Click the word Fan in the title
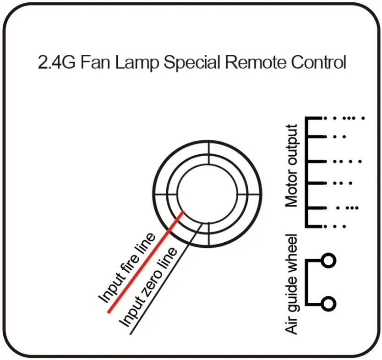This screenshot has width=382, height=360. tap(95, 62)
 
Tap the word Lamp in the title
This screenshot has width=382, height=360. tap(136, 63)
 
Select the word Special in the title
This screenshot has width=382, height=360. tap(192, 63)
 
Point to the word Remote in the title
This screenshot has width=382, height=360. tap(255, 62)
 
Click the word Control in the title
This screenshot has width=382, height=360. tap(318, 62)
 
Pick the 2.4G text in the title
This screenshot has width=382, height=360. tap(56, 62)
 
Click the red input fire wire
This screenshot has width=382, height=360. tap(146, 262)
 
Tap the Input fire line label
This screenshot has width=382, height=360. tap(126, 268)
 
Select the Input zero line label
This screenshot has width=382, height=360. tap(147, 287)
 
